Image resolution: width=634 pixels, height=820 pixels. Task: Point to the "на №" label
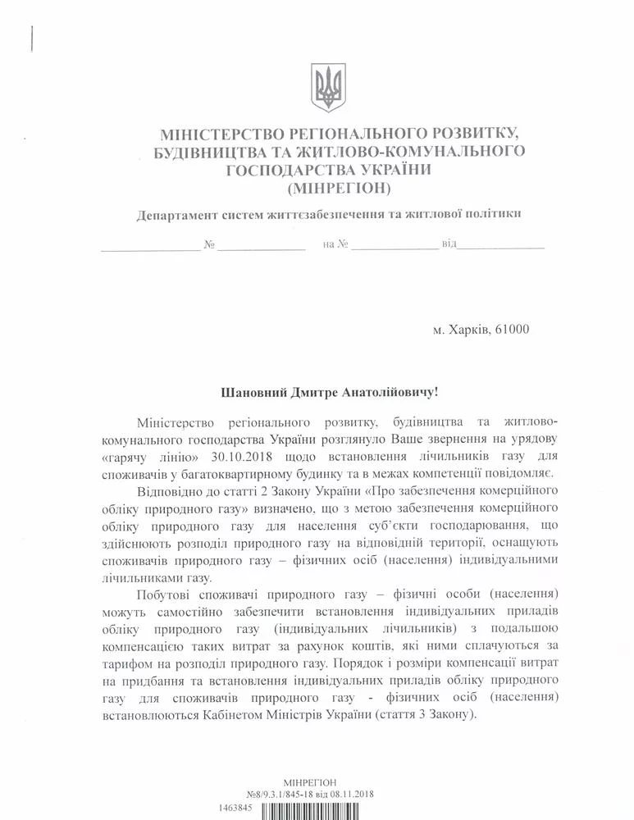point(337,244)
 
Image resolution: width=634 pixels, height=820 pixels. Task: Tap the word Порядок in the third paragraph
point(362,663)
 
